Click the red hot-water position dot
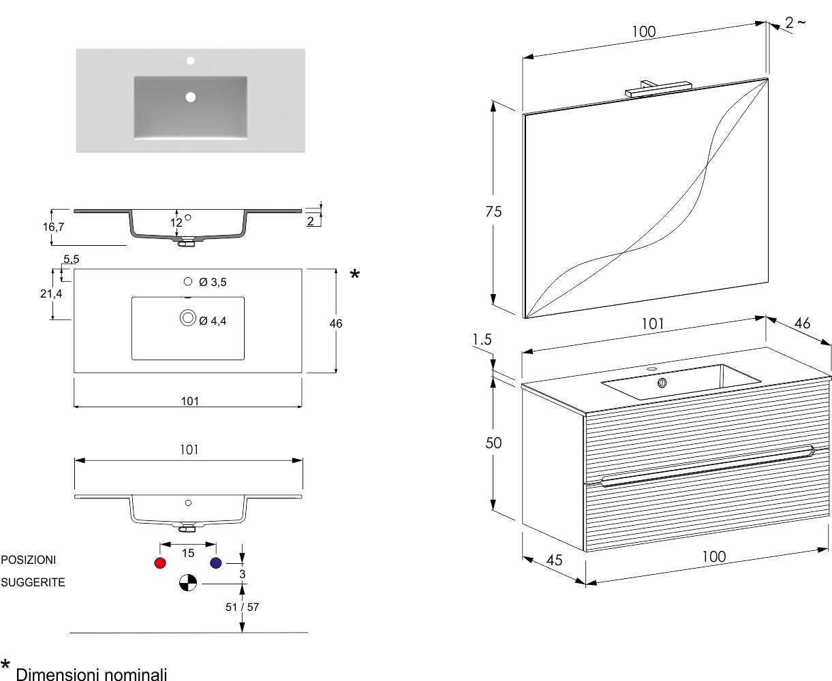coord(159,563)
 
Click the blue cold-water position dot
coord(216,563)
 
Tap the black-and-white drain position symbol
coord(188,582)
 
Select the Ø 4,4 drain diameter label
coord(213,321)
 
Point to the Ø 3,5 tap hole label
coord(213,283)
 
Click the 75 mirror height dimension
coord(493,212)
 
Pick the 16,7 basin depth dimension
coord(54,227)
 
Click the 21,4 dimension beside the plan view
coord(51,294)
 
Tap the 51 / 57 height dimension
coord(242,607)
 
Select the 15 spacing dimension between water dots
coord(188,553)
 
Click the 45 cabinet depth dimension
coord(554,560)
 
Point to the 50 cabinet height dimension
coord(493,443)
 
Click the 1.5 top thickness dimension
coord(482,340)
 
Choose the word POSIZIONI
coord(29,560)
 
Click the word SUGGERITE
coord(33,582)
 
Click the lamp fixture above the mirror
coord(658,89)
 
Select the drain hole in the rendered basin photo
coord(191,97)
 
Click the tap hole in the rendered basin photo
coord(191,61)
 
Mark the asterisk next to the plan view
coord(354,274)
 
